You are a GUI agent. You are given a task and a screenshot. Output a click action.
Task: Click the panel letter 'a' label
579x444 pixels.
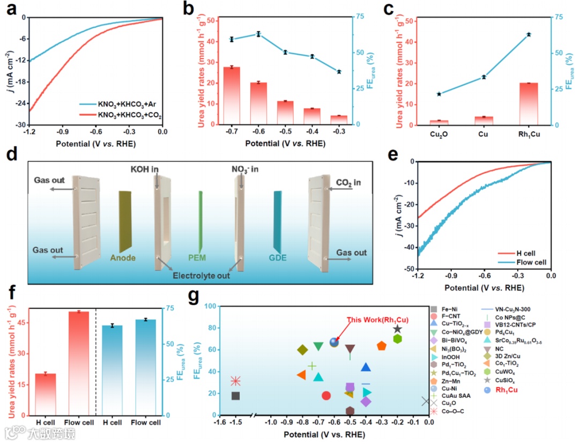click(11, 9)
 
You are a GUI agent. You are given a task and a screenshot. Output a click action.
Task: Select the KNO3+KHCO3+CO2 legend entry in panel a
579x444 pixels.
click(127, 115)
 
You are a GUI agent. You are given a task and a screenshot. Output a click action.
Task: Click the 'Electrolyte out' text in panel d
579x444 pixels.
click(201, 276)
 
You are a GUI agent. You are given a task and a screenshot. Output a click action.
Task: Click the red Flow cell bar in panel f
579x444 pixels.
click(79, 363)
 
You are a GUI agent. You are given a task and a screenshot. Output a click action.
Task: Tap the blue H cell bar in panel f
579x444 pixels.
click(113, 370)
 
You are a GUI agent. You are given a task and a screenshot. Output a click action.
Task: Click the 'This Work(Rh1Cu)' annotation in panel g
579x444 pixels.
click(377, 320)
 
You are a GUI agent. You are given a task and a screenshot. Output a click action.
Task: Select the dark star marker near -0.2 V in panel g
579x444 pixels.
click(397, 329)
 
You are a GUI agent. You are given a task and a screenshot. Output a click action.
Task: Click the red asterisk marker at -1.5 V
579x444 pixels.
click(235, 381)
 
